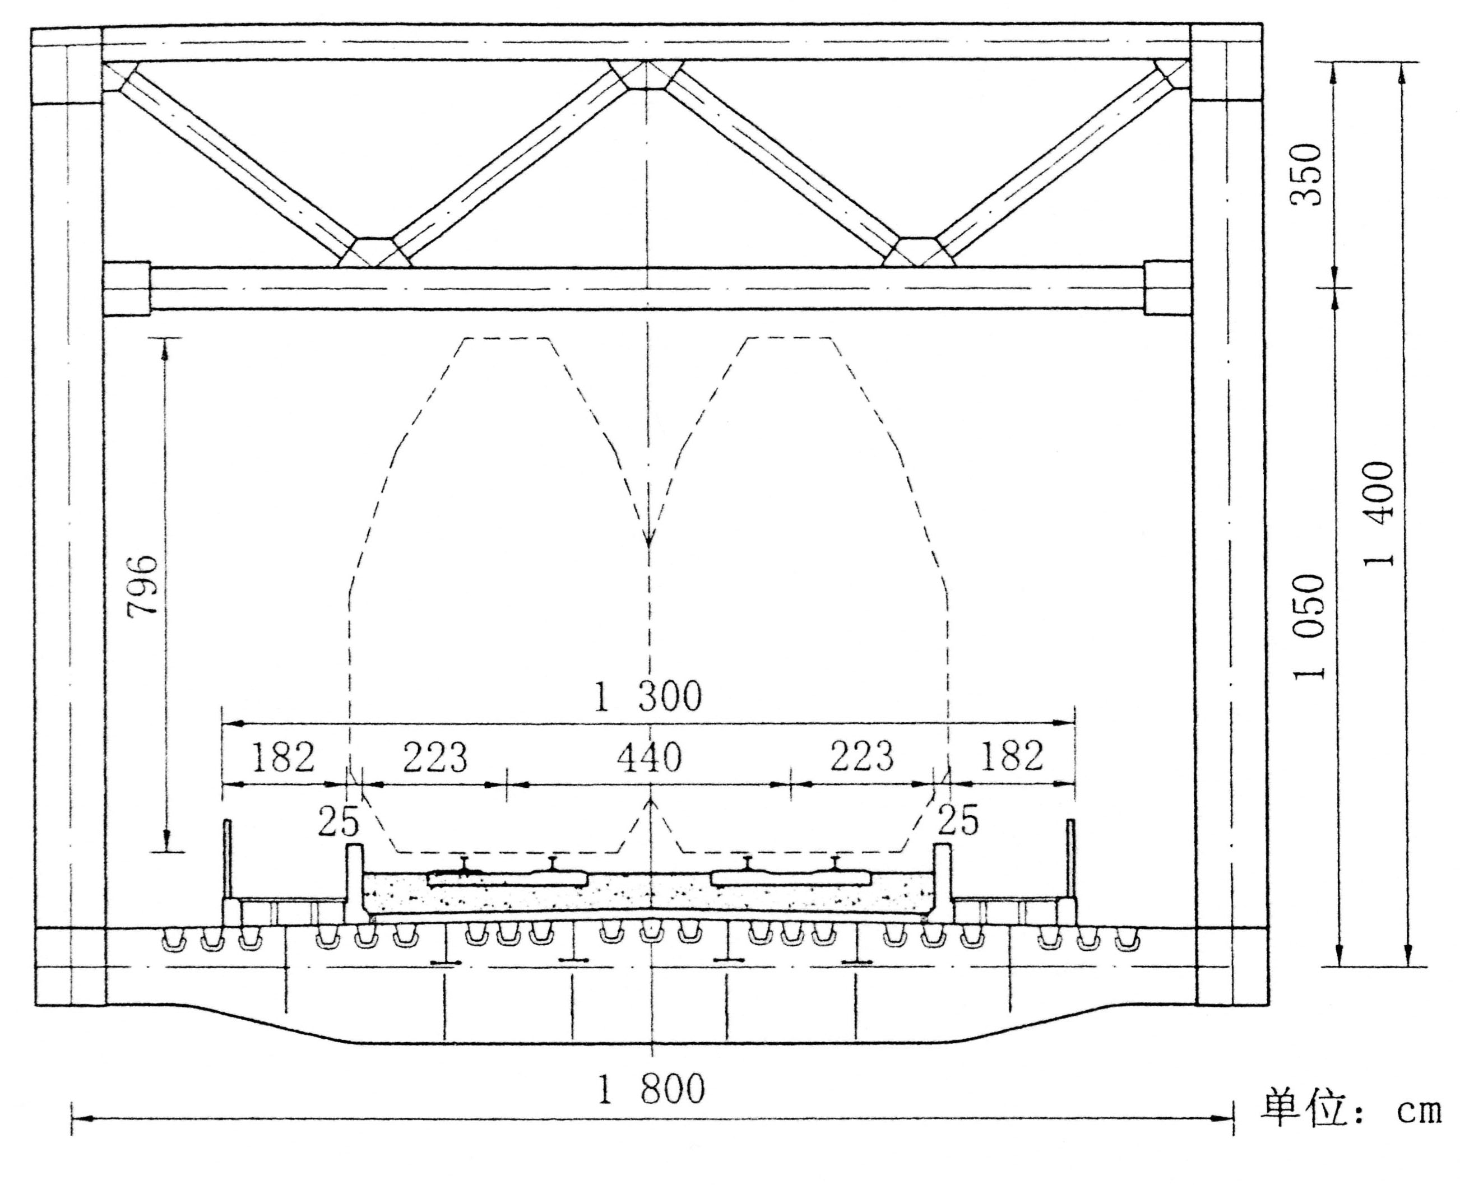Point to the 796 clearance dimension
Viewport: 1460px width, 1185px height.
pyautogui.click(x=143, y=584)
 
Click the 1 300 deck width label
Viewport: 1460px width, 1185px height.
pyautogui.click(x=647, y=697)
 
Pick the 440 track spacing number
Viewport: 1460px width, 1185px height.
pyautogui.click(x=650, y=757)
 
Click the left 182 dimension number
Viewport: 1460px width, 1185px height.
pyautogui.click(x=284, y=756)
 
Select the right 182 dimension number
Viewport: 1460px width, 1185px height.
pyautogui.click(x=1011, y=756)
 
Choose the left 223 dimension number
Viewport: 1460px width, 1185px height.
pyautogui.click(x=435, y=757)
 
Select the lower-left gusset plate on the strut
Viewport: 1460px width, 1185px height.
pyautogui.click(x=374, y=252)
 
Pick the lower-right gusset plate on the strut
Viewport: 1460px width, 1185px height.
pyautogui.click(x=919, y=252)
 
